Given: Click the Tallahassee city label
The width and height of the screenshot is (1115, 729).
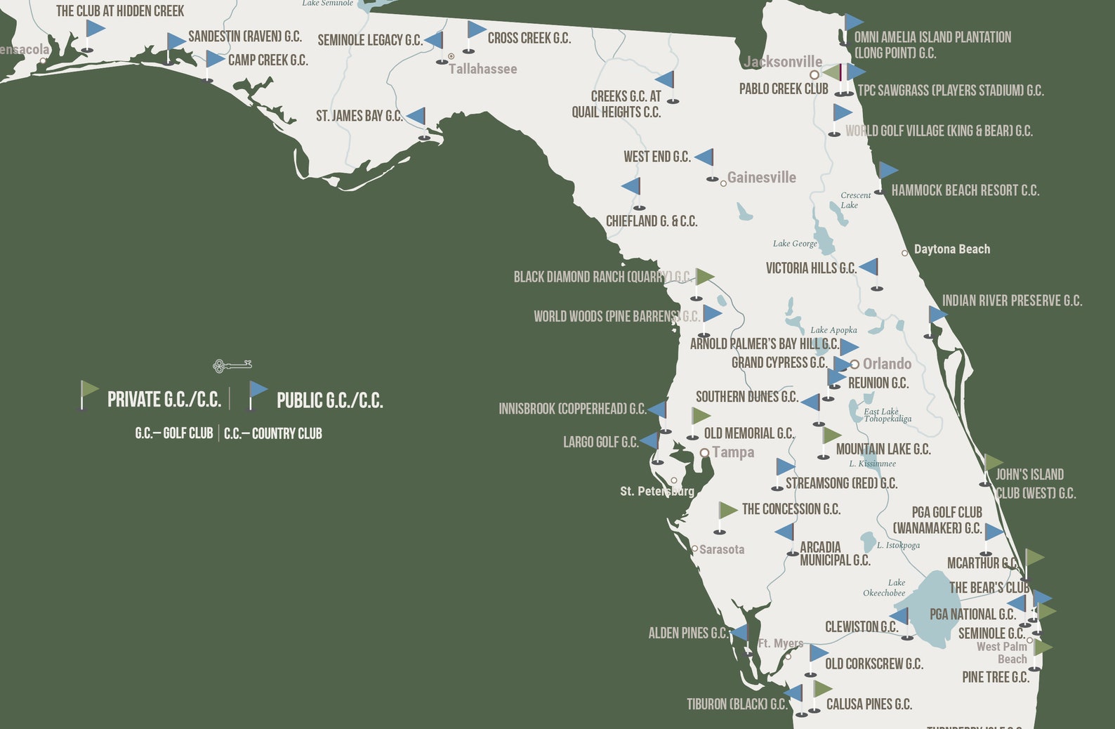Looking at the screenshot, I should click(x=482, y=69).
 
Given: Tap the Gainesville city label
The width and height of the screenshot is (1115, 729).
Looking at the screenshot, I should click(x=761, y=178).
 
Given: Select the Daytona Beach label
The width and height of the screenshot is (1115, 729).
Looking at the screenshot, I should click(x=951, y=249).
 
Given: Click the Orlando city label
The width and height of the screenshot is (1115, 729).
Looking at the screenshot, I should click(x=887, y=364).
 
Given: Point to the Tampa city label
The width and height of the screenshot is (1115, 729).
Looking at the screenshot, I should click(x=733, y=452).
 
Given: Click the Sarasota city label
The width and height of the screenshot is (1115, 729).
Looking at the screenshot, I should click(x=721, y=549).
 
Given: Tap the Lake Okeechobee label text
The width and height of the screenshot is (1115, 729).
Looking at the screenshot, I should click(x=884, y=588).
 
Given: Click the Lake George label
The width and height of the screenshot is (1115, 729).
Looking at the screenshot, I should click(x=795, y=244).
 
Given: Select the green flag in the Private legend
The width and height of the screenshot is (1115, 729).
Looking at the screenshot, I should click(x=89, y=390).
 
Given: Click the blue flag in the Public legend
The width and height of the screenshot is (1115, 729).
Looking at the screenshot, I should click(x=258, y=390).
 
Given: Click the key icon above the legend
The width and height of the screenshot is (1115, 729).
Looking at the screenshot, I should click(x=232, y=365).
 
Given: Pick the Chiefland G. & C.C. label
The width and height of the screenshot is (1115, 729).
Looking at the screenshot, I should click(x=652, y=221).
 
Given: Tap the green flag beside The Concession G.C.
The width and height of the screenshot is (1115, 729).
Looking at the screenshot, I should click(x=727, y=511).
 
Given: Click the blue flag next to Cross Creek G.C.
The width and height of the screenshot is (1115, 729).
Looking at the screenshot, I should click(x=476, y=30).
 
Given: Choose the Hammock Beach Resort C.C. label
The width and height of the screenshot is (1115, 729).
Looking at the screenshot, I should click(x=965, y=190).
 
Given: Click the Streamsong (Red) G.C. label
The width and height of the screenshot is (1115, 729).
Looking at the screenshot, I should click(x=841, y=483).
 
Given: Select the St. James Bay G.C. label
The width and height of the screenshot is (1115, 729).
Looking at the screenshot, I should click(x=359, y=116).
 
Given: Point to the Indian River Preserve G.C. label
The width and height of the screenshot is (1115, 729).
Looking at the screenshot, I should click(x=1012, y=301).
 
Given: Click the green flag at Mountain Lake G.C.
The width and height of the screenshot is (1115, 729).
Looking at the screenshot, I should click(x=831, y=436).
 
